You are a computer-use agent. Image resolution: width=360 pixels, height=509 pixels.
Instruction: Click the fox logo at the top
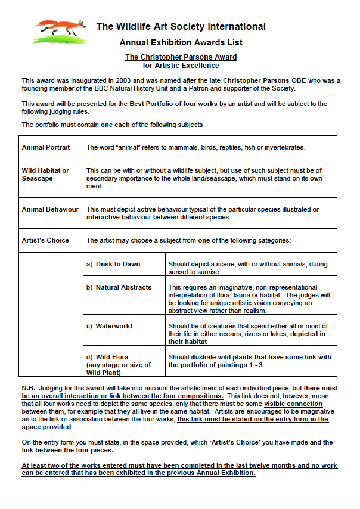(x=60, y=30)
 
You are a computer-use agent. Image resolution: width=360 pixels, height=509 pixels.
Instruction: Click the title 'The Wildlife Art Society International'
(x=181, y=26)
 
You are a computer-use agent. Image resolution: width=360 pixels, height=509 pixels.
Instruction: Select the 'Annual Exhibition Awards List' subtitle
(x=181, y=42)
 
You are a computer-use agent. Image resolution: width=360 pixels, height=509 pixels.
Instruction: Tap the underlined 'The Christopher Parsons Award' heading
(x=181, y=57)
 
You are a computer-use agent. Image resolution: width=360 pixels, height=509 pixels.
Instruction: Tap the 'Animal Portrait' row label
(x=46, y=147)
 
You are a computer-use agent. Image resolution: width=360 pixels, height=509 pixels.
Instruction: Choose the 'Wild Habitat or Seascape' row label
(x=45, y=174)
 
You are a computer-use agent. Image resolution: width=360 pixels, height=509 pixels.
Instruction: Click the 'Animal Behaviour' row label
(x=50, y=209)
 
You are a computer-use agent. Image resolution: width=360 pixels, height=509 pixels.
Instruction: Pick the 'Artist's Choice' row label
(x=45, y=240)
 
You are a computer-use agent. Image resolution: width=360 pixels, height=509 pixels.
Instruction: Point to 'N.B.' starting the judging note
(x=29, y=388)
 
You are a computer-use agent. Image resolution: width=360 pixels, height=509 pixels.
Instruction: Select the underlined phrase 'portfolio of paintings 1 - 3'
(x=215, y=365)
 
